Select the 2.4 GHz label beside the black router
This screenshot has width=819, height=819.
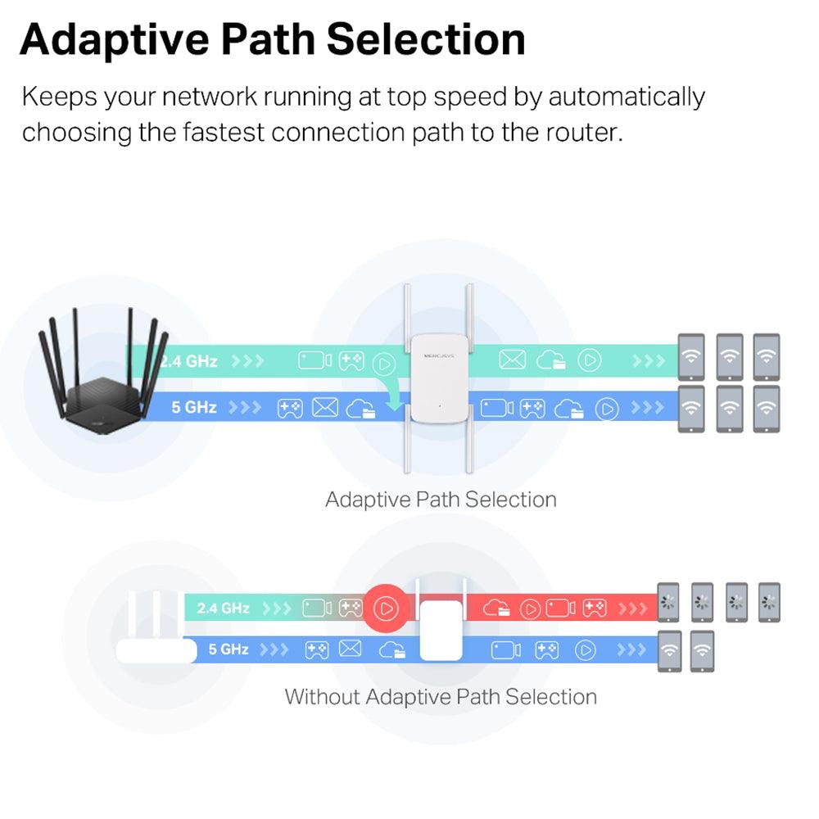coord(190,360)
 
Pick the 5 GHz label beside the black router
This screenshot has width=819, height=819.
coord(194,407)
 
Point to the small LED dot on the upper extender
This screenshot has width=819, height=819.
coord(440,405)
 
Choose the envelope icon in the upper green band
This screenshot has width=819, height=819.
coord(512,360)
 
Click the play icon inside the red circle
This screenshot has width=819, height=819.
coord(386,609)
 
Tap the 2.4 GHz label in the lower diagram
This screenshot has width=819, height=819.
coord(223,609)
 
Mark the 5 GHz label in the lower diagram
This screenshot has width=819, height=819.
coord(229,649)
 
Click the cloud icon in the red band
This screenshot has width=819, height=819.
coord(496,609)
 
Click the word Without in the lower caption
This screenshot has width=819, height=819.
coord(322,697)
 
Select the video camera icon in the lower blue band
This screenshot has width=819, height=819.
coord(505,650)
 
